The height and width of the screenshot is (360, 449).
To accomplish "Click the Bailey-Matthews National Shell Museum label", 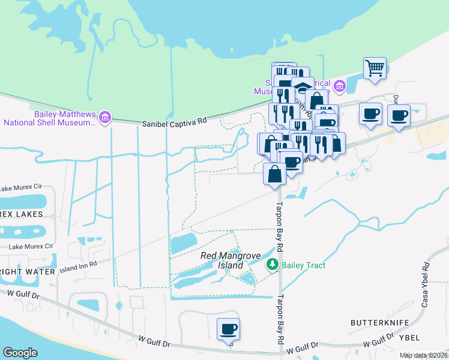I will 49,118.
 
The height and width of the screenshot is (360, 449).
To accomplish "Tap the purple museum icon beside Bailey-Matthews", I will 106,116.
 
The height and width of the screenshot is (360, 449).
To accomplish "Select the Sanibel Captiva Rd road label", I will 174,122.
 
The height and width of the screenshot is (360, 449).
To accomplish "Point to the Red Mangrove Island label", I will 231,260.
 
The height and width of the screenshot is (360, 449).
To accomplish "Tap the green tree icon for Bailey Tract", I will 272,264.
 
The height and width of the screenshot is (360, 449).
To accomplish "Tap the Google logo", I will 20,353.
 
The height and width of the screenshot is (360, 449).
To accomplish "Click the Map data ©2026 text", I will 423,355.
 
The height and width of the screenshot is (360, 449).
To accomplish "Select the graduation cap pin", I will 303,87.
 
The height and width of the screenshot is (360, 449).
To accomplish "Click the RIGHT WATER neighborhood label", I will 28,272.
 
